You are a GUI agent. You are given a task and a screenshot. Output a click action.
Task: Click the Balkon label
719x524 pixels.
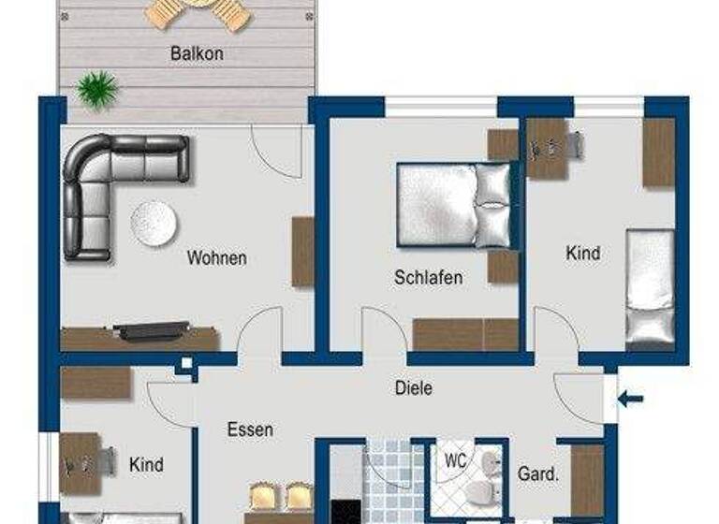pos(197,53)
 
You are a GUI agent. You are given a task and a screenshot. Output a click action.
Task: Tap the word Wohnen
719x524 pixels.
pos(216,257)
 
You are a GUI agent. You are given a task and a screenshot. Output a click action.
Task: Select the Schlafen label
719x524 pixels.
pos(428,278)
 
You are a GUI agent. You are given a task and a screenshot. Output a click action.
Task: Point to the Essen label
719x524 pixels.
pos(250,430)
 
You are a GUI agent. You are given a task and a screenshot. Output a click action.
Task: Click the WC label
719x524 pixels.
pos(456,460)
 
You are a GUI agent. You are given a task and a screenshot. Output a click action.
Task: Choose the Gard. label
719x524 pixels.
pos(537,474)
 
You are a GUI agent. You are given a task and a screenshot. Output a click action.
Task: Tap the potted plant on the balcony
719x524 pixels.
pos(98,90)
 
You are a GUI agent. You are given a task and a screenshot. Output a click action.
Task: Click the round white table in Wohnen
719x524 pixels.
pos(154,223)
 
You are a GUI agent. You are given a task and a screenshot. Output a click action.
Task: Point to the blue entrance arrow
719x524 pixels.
pos(630,400)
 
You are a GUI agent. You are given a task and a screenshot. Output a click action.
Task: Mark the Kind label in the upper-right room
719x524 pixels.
pos(583,254)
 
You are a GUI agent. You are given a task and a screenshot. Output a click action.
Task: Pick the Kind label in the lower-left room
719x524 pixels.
pos(146,465)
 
